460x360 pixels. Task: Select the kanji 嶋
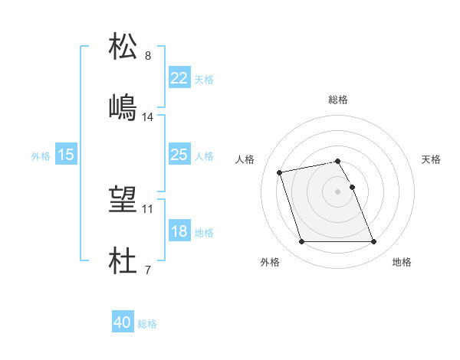coord(124,106)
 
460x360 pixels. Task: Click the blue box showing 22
coord(179,78)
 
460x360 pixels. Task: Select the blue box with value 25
coord(179,155)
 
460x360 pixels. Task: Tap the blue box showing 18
coord(179,231)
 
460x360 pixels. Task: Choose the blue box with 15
coord(66,155)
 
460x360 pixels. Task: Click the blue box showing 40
coord(123,323)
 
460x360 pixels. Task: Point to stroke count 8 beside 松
coord(147,56)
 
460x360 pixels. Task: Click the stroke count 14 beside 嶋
coord(148,117)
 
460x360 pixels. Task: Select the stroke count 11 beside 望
coord(148,208)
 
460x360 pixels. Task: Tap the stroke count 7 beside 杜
coord(147,270)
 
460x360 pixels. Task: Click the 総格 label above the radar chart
coord(338,100)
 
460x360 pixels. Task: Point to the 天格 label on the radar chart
coord(432,159)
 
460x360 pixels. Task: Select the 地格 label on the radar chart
coord(402,262)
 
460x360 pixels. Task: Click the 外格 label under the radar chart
coord(270,262)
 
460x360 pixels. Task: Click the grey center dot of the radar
coord(337,191)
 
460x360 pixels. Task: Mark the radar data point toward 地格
coord(373,242)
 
